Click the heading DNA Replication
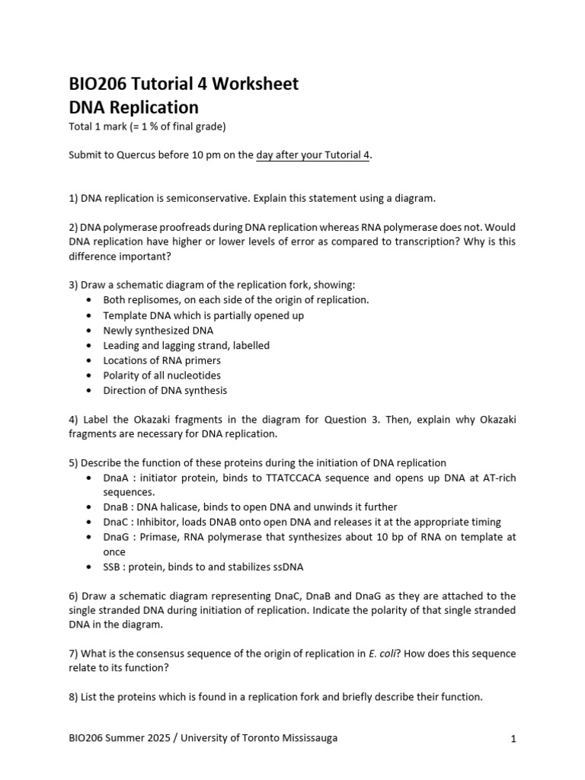[133, 107]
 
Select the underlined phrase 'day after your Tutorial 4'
[313, 155]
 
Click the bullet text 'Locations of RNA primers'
[161, 360]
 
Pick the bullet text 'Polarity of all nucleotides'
[161, 376]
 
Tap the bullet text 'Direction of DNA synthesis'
[165, 390]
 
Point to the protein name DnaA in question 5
[115, 478]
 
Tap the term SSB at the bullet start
[113, 567]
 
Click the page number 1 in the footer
[513, 738]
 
